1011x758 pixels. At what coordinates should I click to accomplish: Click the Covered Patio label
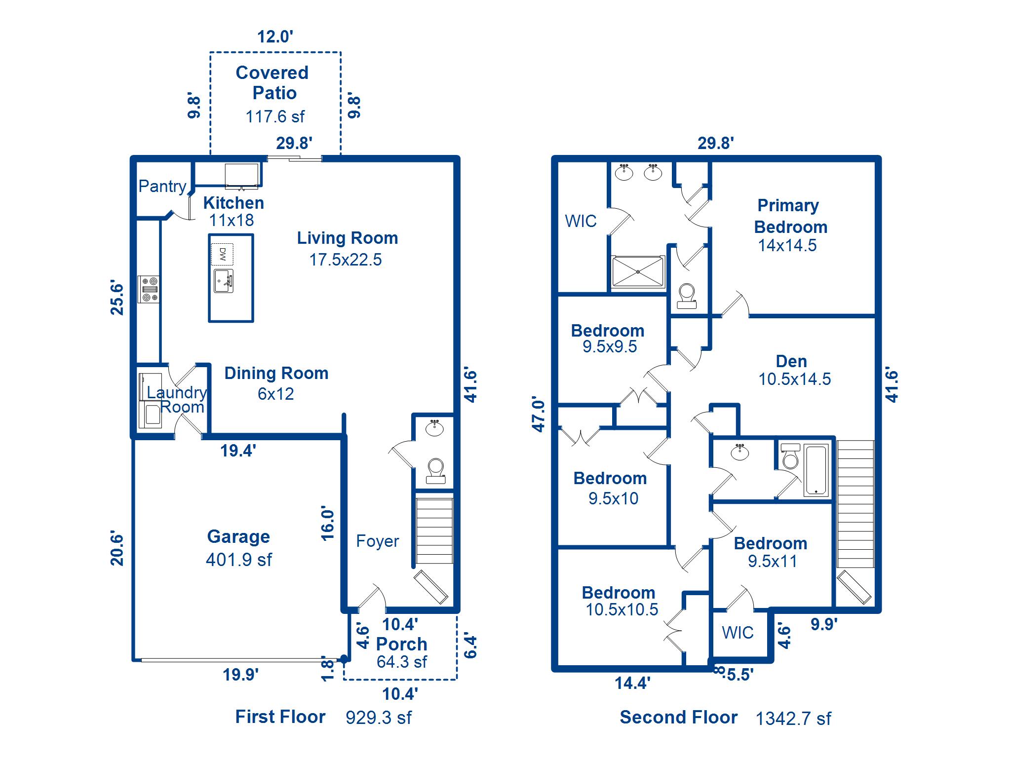[272, 82]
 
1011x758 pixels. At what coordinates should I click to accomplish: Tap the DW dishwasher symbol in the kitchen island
[222, 254]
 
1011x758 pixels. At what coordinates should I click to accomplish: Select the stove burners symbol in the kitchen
[149, 290]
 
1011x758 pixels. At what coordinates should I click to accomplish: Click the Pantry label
[162, 186]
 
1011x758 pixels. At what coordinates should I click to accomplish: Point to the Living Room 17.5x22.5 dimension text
[345, 260]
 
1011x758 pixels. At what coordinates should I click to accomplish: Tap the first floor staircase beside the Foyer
[434, 531]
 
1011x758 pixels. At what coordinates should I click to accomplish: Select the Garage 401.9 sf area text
[238, 560]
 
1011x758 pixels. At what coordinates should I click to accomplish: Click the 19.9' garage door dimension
[240, 674]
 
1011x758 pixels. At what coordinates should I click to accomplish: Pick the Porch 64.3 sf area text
[401, 662]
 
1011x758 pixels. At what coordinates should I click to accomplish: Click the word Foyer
[377, 541]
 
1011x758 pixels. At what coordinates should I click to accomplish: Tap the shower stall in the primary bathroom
[637, 271]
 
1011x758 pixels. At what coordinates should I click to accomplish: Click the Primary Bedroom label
[790, 216]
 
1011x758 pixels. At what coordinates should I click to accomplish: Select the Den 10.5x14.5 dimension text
[794, 379]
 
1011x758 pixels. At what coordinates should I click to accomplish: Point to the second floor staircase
[855, 503]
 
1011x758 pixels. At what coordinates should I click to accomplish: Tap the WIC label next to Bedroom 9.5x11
[738, 633]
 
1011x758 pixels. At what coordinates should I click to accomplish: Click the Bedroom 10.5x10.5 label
[619, 593]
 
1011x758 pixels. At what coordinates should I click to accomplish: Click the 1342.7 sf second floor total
[793, 719]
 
